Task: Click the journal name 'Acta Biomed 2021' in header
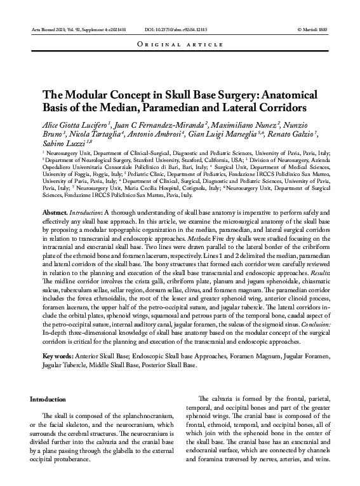(x=46, y=30)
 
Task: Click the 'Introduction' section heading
(x=48, y=400)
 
